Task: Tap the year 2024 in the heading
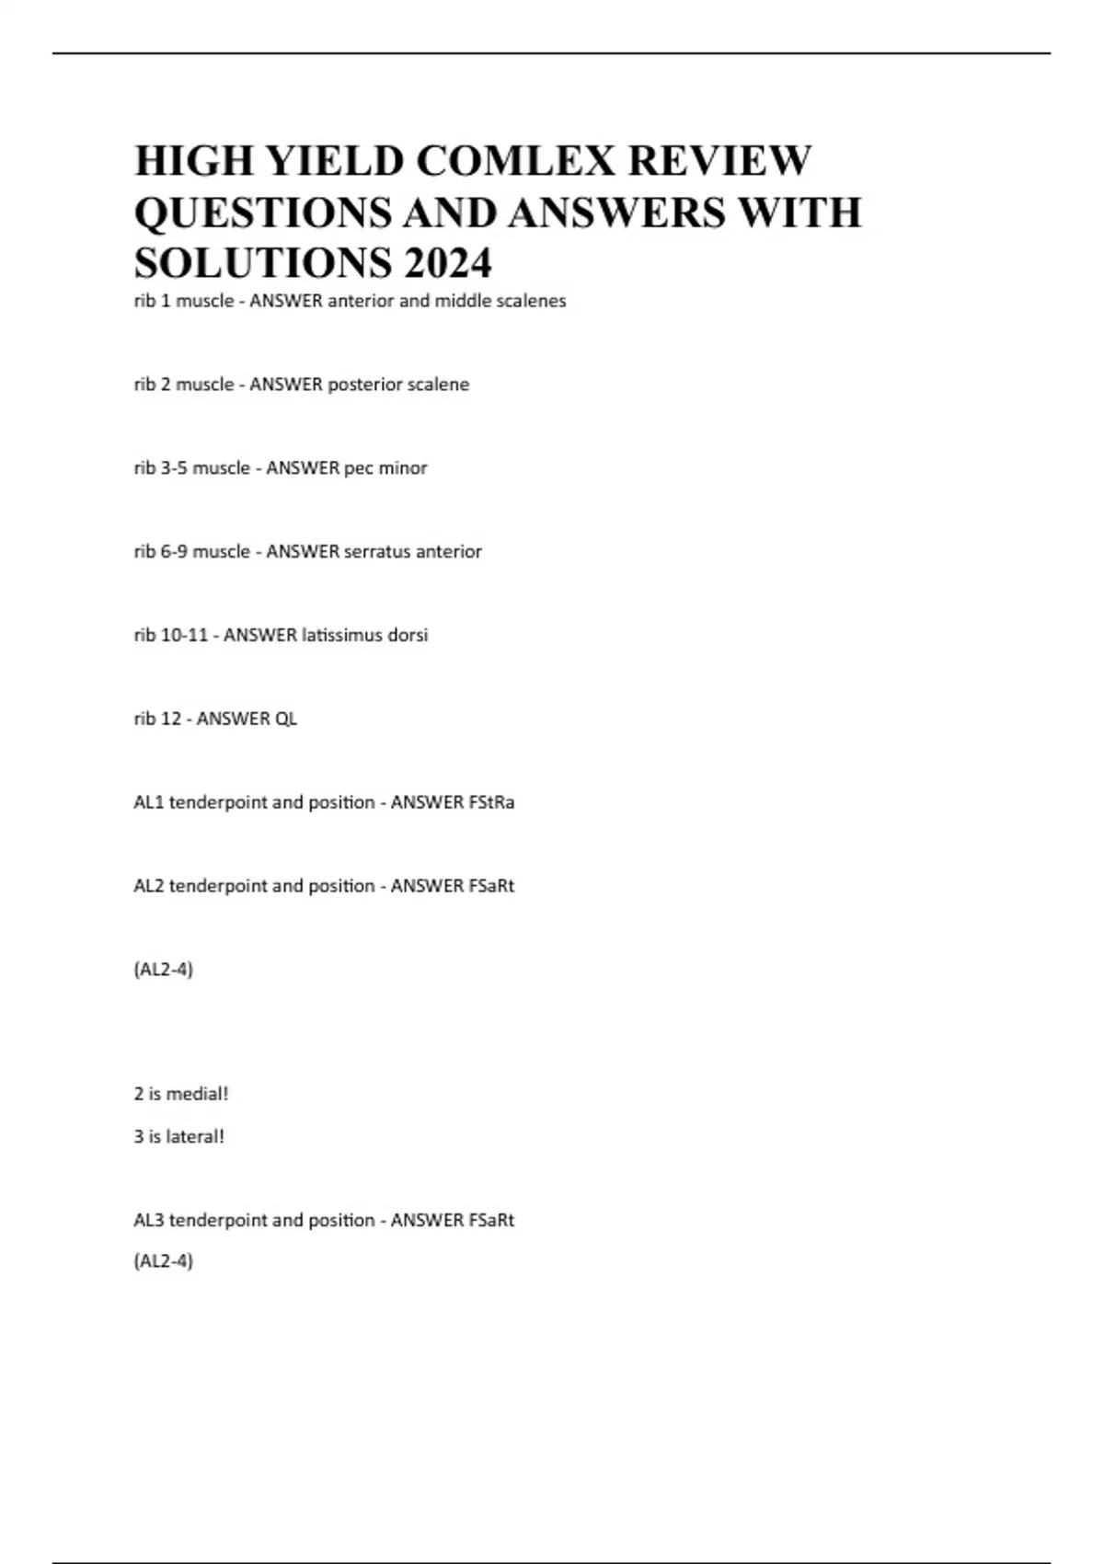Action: pyautogui.click(x=447, y=263)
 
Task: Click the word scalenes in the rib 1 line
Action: pyautogui.click(x=531, y=301)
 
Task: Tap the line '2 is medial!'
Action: pyautogui.click(x=181, y=1094)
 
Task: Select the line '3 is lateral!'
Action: pyautogui.click(x=179, y=1136)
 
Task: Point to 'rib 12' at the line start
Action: pyautogui.click(x=157, y=719)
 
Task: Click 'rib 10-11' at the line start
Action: pyautogui.click(x=171, y=636)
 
